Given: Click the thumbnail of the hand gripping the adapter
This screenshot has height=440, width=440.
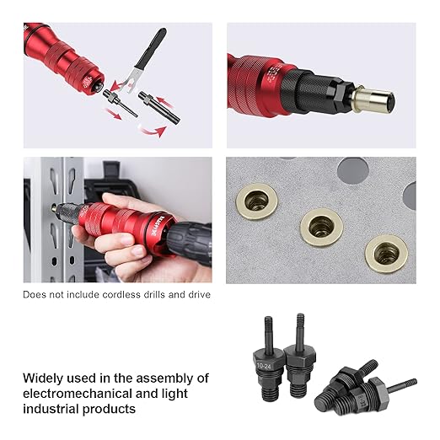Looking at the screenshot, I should point(117,220).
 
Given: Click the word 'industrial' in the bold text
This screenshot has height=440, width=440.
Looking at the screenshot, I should point(53,409).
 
